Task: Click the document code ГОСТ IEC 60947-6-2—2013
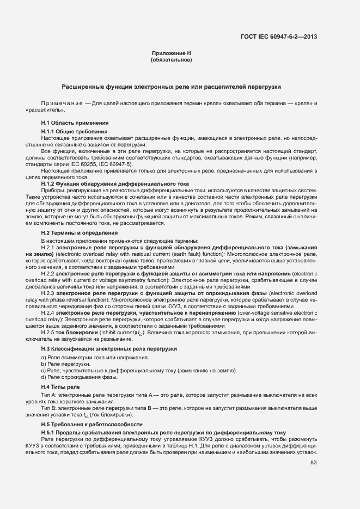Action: coord(278,36)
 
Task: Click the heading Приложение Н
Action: coord(172,53)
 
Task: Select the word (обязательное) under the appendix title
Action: coord(172,59)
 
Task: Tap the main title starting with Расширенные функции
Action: coord(172,87)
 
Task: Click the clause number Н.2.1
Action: coord(48,248)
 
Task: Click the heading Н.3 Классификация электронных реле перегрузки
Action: coord(109,348)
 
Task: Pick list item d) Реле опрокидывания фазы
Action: coord(79,377)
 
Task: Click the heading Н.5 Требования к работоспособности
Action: coord(91,424)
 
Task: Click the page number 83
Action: coord(313,463)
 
